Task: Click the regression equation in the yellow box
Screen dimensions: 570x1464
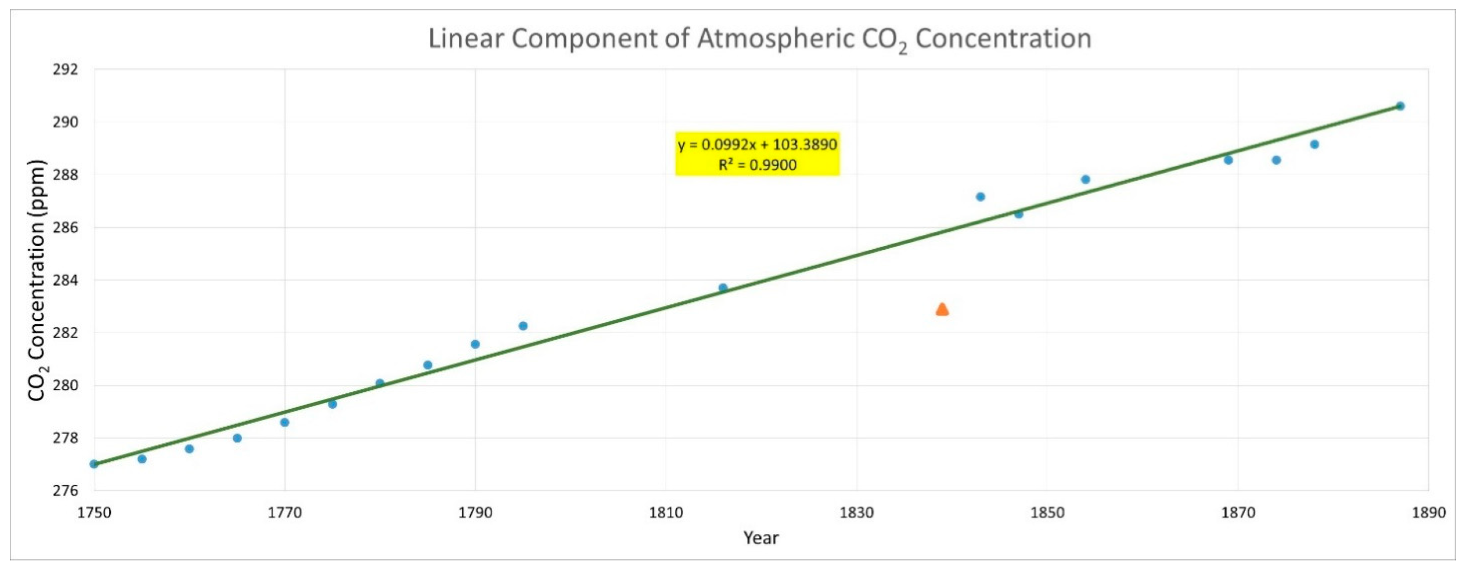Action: click(x=758, y=144)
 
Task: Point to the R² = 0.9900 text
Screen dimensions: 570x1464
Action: click(x=758, y=165)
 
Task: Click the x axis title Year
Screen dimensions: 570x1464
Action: click(x=761, y=538)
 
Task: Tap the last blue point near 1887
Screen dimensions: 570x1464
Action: click(x=1400, y=106)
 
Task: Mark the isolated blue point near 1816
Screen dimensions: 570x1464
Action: click(x=723, y=288)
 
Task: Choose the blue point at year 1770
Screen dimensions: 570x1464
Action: click(x=285, y=422)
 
